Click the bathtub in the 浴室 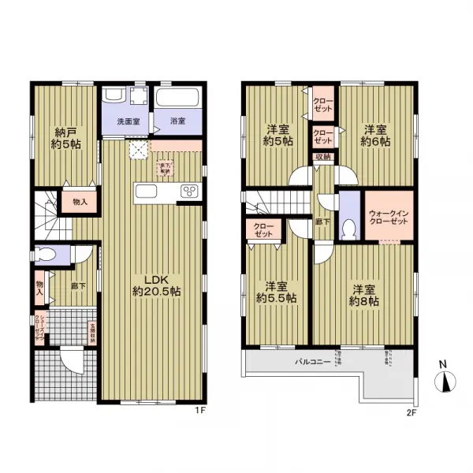click(x=177, y=101)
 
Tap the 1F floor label click(x=200, y=411)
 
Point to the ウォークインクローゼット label click(x=387, y=217)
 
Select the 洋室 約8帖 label click(x=365, y=295)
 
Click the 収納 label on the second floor click(x=323, y=158)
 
